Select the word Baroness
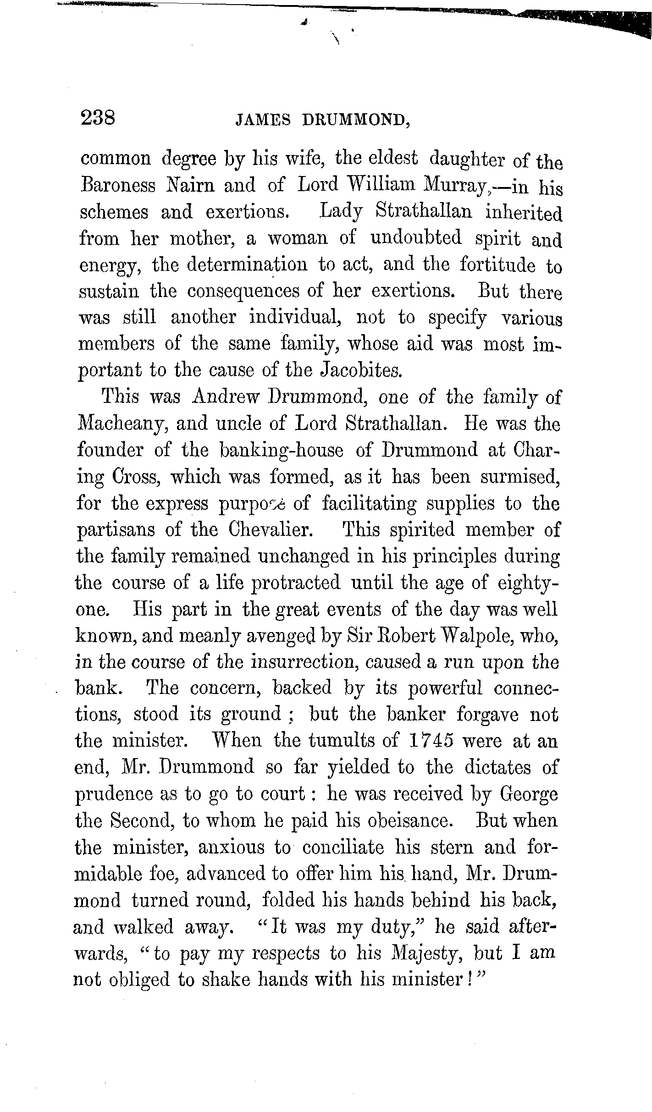point(118,185)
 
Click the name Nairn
point(189,185)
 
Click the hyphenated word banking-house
point(282,450)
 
